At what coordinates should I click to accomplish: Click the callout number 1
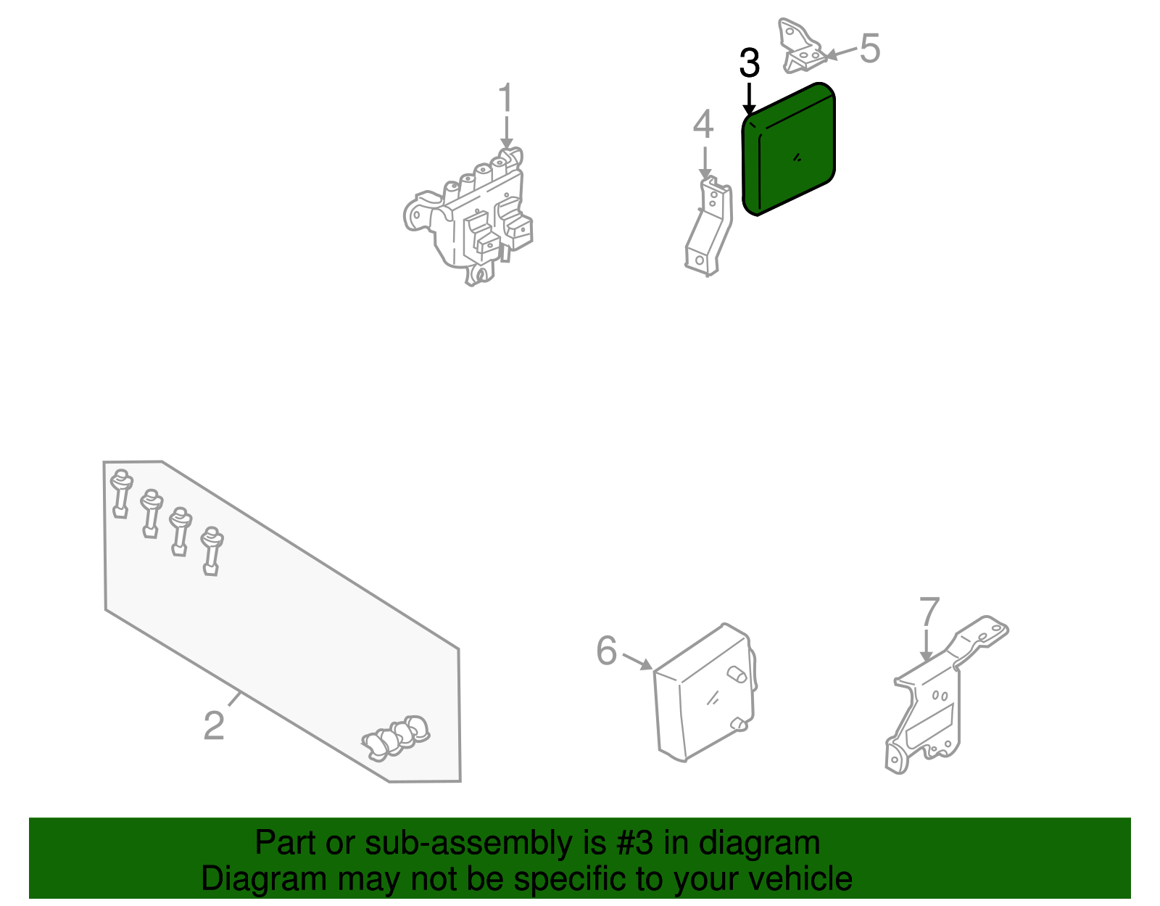(x=505, y=97)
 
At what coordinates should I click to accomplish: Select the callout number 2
(x=214, y=725)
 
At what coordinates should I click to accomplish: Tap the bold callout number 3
(x=749, y=63)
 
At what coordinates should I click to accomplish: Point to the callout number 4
(x=703, y=124)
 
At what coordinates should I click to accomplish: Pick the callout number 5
(x=870, y=48)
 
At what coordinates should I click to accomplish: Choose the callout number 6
(x=606, y=651)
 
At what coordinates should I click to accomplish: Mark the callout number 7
(x=929, y=611)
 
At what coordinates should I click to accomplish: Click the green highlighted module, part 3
(x=789, y=149)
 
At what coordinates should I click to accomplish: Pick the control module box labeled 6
(x=705, y=693)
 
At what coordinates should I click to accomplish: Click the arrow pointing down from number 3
(x=749, y=99)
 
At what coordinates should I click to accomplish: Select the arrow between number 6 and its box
(x=637, y=661)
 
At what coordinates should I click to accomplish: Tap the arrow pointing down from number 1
(x=506, y=132)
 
